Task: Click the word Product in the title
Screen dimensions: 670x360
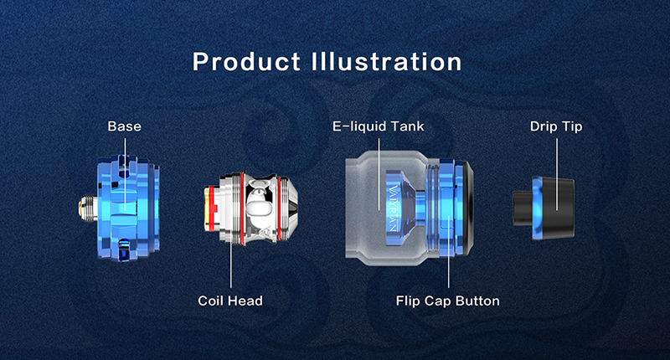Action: tap(246, 62)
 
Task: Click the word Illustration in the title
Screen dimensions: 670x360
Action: tap(387, 62)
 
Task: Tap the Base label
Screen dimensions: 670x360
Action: tap(124, 126)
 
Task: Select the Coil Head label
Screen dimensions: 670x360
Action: tap(229, 301)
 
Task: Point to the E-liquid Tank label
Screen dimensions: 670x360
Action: tap(379, 126)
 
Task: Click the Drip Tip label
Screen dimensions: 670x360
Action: tap(556, 126)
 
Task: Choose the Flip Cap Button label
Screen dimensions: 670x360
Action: tap(447, 301)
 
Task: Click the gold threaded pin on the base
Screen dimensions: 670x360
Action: tap(87, 208)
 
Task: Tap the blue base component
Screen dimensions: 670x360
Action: tap(128, 208)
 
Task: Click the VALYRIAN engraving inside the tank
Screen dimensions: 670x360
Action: tap(393, 208)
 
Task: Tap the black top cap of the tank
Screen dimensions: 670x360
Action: tap(468, 208)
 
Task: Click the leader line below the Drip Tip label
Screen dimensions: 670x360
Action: tap(557, 174)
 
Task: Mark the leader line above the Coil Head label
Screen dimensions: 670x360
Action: tap(231, 263)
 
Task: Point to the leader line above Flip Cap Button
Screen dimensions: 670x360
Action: tap(448, 252)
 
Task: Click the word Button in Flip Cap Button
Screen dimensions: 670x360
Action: tap(477, 301)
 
